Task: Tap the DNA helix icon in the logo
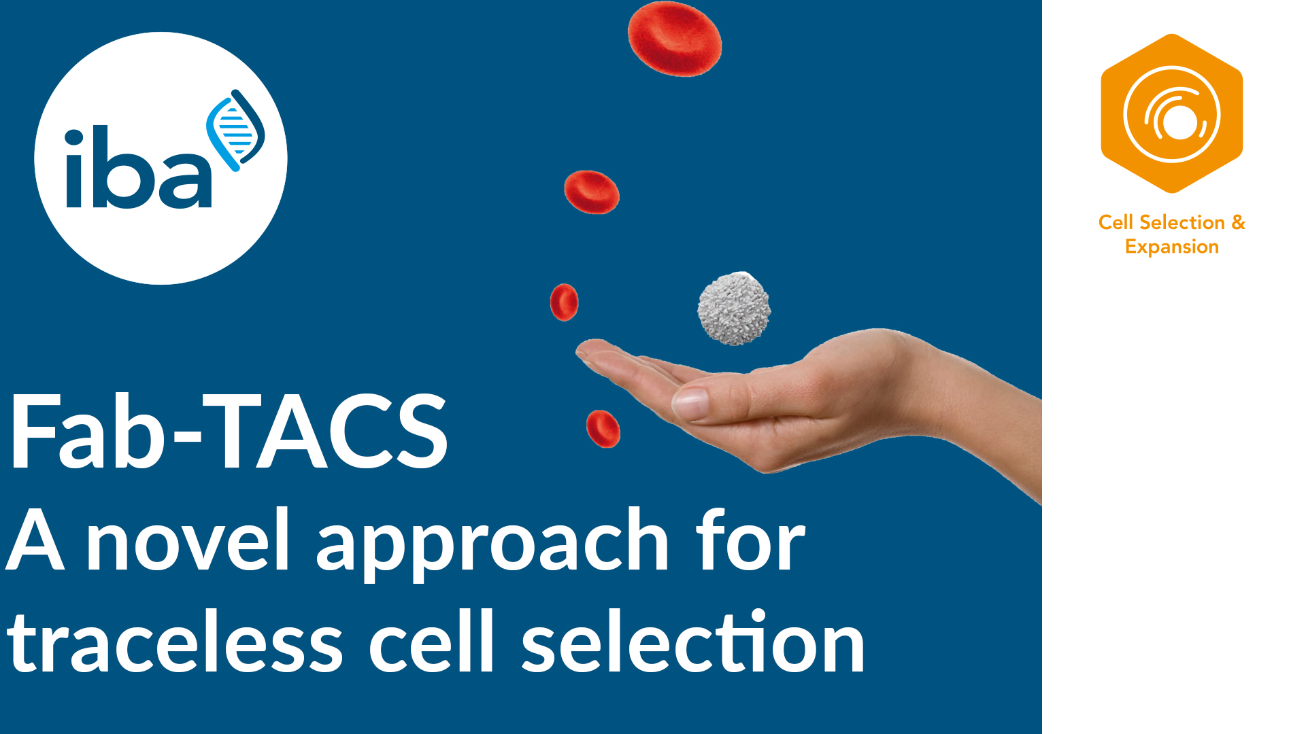236,129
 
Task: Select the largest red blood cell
674,39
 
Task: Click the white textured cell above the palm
734,308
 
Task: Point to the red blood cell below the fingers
603,429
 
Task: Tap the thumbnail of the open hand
690,403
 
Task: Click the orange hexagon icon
1171,113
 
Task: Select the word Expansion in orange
1171,247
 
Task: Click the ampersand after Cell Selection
1238,222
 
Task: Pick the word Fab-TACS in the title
228,432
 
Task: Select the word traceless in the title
175,643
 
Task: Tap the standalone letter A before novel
35,540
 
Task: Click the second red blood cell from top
591,192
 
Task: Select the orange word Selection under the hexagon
1182,222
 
